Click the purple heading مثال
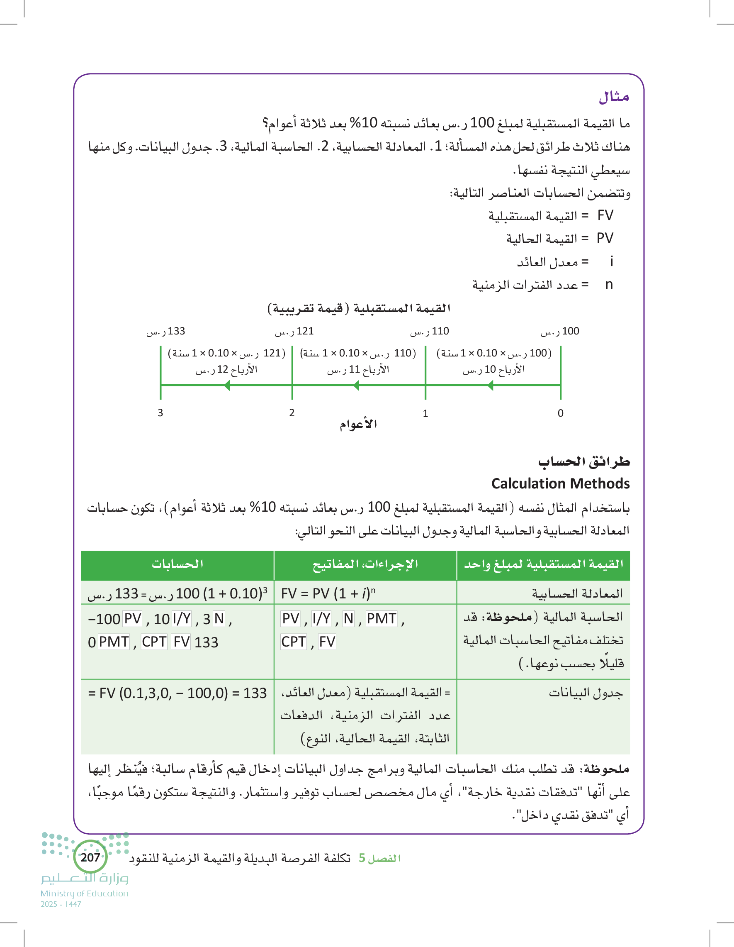(x=614, y=97)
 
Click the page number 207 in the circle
(x=90, y=857)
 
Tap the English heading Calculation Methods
(x=560, y=483)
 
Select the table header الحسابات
(x=177, y=564)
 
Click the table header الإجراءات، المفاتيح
(x=365, y=564)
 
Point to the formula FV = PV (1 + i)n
(x=328, y=593)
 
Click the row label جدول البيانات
(x=586, y=693)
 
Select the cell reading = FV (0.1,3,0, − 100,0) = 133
(x=177, y=693)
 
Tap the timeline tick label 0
(x=560, y=413)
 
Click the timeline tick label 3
(x=160, y=413)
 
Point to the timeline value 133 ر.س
(x=166, y=331)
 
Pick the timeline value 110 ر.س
(x=429, y=331)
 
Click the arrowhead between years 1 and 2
(x=356, y=385)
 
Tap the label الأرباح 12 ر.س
(x=226, y=369)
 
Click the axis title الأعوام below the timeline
(x=358, y=424)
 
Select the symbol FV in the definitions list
(x=605, y=215)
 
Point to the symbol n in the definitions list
(x=609, y=284)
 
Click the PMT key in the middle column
(x=381, y=619)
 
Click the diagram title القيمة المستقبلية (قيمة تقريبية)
(x=359, y=308)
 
